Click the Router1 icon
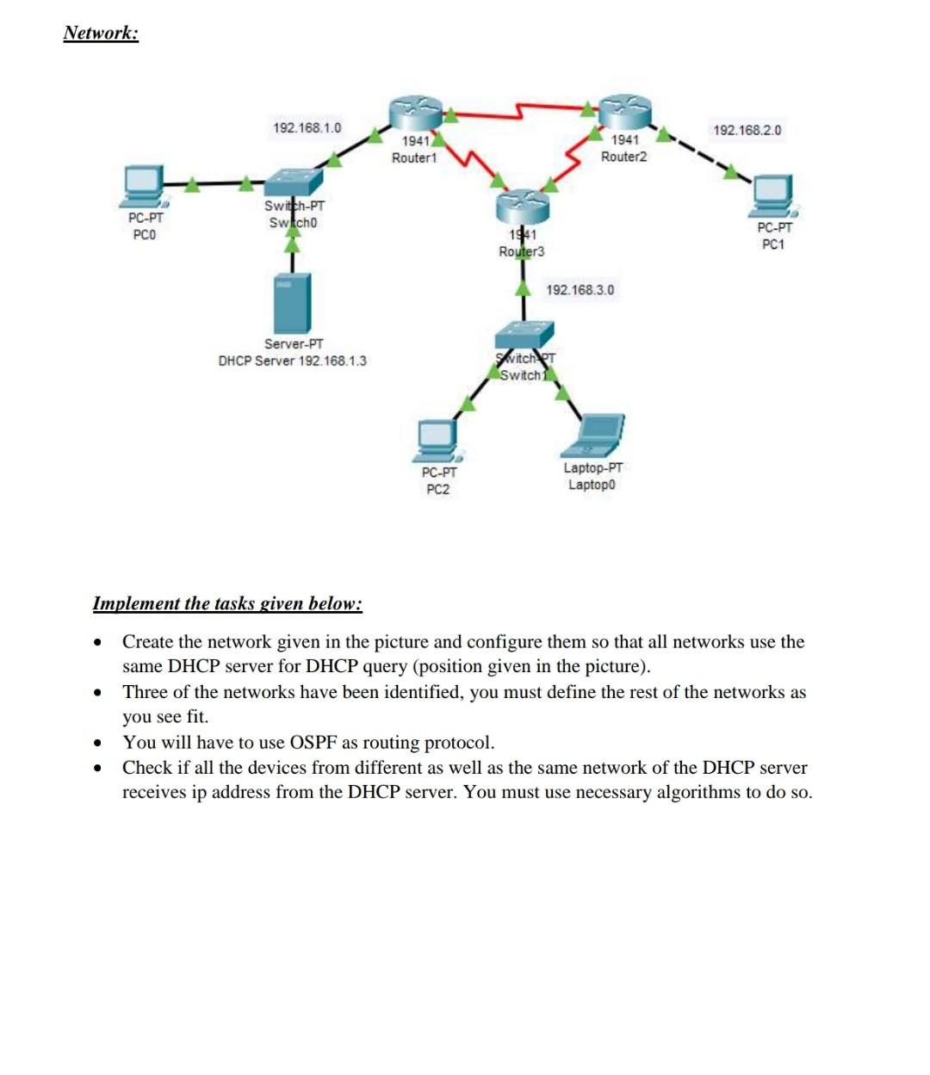point(414,112)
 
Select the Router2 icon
point(625,110)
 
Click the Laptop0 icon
point(593,436)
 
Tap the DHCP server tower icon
point(292,301)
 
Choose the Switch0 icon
point(294,182)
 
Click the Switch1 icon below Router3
point(524,334)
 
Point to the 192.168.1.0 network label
point(307,128)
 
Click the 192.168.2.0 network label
point(747,131)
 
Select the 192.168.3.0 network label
point(580,290)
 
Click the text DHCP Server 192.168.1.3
point(292,361)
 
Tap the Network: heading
point(101,33)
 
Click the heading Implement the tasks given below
point(227,603)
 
